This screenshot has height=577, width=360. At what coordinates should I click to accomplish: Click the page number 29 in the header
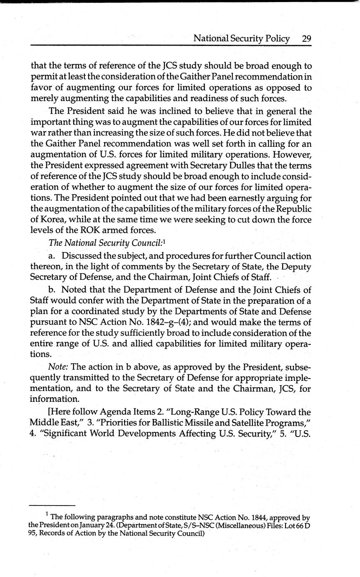point(306,39)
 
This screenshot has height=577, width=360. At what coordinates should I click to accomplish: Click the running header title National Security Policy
point(241,39)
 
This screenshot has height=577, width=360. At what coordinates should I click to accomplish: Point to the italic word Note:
point(58,368)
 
